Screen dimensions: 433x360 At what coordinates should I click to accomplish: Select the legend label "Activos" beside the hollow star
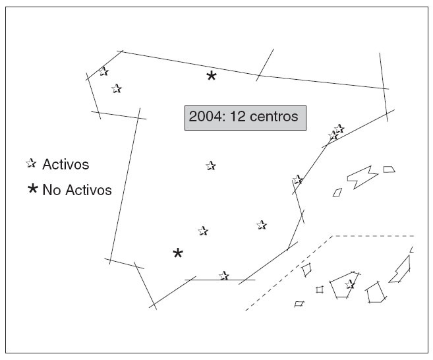tap(65, 164)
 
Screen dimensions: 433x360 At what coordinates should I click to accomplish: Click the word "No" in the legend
tap(51, 191)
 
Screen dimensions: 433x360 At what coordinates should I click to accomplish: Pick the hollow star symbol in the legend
tap(31, 163)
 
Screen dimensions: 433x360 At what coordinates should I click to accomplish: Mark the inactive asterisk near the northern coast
tap(211, 76)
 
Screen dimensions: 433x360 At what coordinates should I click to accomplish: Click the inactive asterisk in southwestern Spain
tap(177, 253)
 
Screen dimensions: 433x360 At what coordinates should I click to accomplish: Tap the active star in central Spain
tap(210, 165)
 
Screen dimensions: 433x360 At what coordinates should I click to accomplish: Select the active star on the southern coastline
tap(224, 276)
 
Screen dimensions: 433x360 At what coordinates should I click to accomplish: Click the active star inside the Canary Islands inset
tap(350, 284)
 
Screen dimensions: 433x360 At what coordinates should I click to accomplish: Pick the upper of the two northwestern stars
tap(104, 72)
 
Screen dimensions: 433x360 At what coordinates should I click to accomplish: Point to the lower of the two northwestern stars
tap(117, 88)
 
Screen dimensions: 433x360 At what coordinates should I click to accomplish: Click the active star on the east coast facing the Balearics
tap(297, 179)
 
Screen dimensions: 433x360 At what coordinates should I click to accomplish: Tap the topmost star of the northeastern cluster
tap(339, 128)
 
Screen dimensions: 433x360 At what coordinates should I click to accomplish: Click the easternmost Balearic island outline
tap(390, 169)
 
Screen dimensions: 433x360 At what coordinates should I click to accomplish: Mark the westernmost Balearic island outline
tap(337, 193)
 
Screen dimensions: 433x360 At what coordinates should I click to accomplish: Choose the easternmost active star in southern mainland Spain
tap(262, 225)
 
